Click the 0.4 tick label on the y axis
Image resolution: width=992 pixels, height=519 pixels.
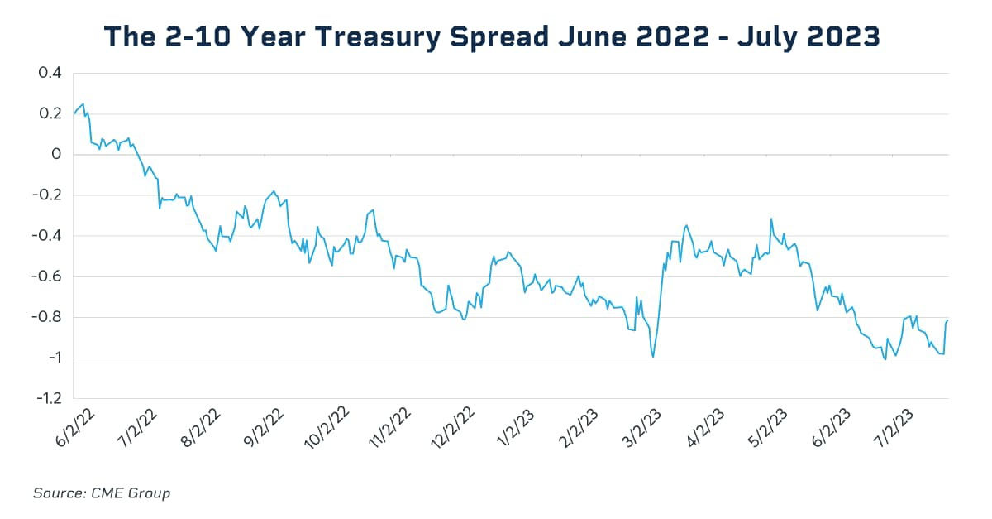(x=50, y=74)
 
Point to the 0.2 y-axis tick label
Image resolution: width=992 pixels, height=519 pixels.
(x=50, y=114)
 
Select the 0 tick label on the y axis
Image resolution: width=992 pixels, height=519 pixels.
(x=56, y=155)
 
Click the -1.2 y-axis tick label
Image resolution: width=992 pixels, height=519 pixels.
(x=47, y=398)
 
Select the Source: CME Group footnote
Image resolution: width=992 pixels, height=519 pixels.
(x=101, y=493)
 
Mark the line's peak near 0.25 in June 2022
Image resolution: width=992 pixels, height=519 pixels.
(x=83, y=104)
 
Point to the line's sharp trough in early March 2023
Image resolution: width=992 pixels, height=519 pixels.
(x=653, y=357)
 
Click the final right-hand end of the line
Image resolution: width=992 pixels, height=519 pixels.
(x=947, y=320)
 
